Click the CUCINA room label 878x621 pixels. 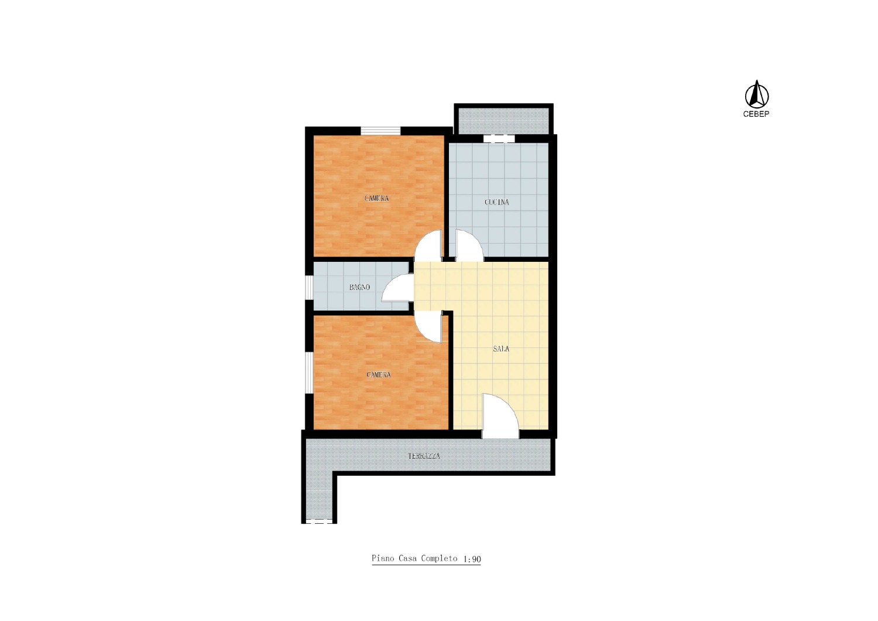click(496, 203)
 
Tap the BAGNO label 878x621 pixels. click(359, 287)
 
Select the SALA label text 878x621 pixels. click(501, 349)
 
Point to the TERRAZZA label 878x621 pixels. click(424, 456)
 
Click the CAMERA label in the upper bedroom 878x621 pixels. click(377, 199)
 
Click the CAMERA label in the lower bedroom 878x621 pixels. click(379, 375)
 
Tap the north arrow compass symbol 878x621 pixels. click(757, 94)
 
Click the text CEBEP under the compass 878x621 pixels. click(756, 114)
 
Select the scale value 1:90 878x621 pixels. click(472, 559)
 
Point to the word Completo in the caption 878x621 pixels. click(439, 559)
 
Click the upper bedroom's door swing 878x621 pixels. click(429, 245)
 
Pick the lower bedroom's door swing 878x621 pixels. click(429, 326)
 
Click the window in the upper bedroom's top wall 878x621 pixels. click(380, 131)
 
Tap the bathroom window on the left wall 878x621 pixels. click(309, 288)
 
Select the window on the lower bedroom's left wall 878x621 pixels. click(309, 373)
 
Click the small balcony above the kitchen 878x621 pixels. click(503, 121)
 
